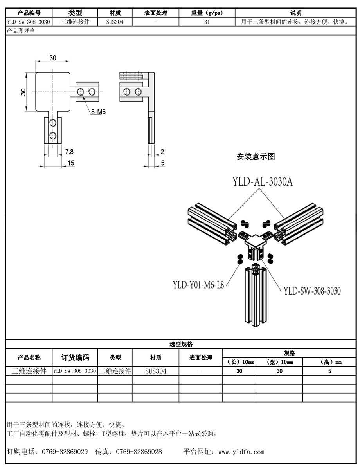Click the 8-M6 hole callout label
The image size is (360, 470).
click(x=98, y=112)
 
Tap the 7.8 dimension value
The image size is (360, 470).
click(x=69, y=152)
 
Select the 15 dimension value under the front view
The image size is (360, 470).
click(x=71, y=163)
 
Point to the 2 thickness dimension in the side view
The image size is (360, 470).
click(x=162, y=152)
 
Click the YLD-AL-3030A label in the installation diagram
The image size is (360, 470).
click(x=263, y=182)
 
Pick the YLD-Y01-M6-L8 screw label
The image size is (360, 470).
click(x=198, y=285)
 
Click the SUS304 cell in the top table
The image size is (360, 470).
click(x=115, y=22)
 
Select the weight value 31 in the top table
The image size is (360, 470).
click(x=207, y=22)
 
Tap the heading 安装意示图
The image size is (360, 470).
click(x=256, y=157)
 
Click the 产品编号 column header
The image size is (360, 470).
click(x=29, y=13)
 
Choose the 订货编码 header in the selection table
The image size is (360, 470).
click(x=75, y=358)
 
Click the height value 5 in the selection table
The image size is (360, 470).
click(x=329, y=371)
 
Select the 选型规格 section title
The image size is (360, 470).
click(x=181, y=344)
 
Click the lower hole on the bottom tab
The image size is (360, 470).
click(x=53, y=136)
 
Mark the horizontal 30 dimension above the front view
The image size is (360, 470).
click(x=53, y=58)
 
